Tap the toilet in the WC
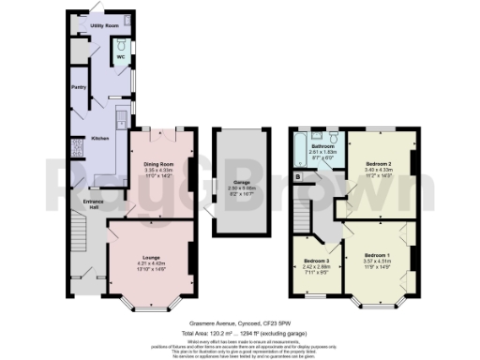120,45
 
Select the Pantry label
80,88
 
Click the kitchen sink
123,120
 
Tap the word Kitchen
99,139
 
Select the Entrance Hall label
93,204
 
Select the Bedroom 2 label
379,163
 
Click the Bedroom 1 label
376,255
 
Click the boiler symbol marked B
297,175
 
